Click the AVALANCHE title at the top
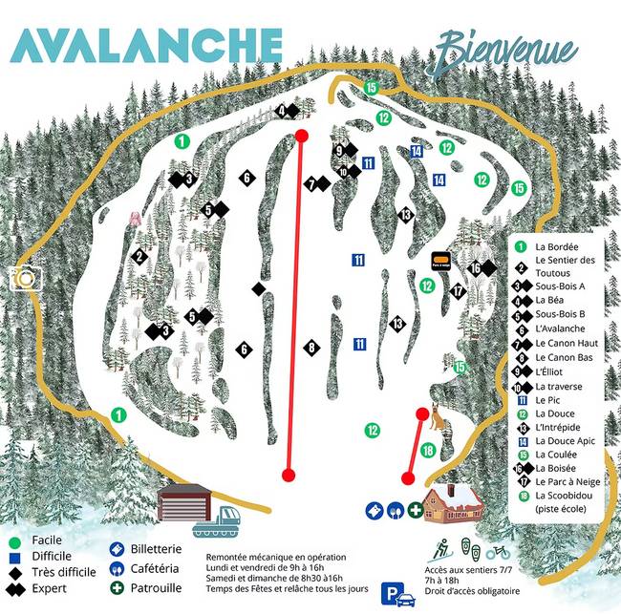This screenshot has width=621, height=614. pyautogui.click(x=148, y=45)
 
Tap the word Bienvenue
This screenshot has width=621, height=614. pyautogui.click(x=506, y=48)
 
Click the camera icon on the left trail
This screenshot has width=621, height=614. pyautogui.click(x=26, y=278)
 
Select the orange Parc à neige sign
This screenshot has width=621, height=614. pyautogui.click(x=441, y=260)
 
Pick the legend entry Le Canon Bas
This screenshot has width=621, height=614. pyautogui.click(x=565, y=357)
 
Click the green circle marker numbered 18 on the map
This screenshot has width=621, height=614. pyautogui.click(x=429, y=450)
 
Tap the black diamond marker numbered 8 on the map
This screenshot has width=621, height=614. pyautogui.click(x=311, y=348)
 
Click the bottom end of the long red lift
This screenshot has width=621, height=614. pyautogui.click(x=289, y=474)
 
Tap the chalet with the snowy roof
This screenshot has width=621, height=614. pyautogui.click(x=453, y=503)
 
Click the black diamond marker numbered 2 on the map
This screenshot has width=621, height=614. pyautogui.click(x=139, y=256)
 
